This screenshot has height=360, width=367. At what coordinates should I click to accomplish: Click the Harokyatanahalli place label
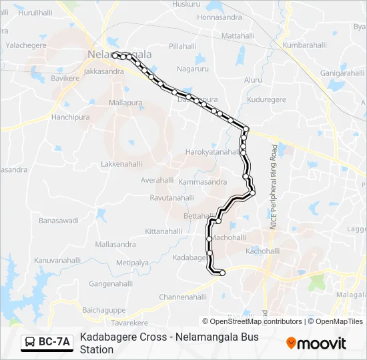212,152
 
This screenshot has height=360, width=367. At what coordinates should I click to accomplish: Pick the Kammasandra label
203,181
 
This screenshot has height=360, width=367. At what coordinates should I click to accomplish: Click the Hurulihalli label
33,13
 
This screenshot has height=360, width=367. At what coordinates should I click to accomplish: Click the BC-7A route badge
47,342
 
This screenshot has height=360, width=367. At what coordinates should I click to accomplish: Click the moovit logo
317,343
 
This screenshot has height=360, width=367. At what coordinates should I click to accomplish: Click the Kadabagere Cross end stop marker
222,272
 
